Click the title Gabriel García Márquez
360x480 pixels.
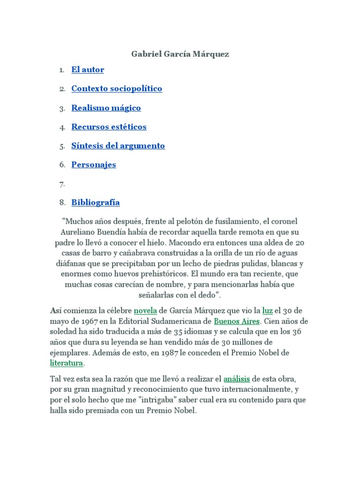click(180, 54)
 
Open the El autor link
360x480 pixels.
click(88, 70)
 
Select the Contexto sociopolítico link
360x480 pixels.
click(117, 89)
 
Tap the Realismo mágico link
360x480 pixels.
click(106, 108)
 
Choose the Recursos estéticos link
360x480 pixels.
click(109, 127)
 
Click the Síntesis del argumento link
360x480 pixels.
click(118, 146)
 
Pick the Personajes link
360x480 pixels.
click(94, 165)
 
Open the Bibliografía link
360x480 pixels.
click(96, 202)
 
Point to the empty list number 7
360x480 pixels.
click(62, 184)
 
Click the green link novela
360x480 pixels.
click(145, 311)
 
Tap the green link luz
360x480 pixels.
click(267, 311)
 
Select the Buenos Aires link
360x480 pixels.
click(237, 322)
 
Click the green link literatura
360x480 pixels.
click(67, 363)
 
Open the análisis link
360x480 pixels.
click(237, 379)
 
